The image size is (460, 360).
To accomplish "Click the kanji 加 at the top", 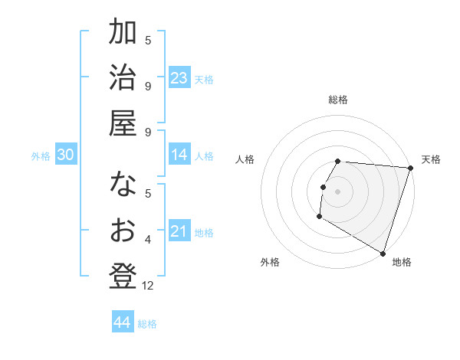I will click(123, 34).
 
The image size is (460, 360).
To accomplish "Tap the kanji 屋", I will click(123, 122).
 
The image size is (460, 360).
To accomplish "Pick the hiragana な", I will click(123, 187).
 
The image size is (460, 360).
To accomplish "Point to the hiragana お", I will click(123, 231).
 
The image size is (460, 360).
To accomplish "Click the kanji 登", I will click(123, 275).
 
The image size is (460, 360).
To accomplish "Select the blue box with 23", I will click(179, 78).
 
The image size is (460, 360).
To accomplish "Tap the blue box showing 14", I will click(179, 155).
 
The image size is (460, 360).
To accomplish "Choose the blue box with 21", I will click(179, 231).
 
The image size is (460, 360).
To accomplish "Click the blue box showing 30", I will click(66, 155).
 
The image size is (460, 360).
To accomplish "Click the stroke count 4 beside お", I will click(148, 241).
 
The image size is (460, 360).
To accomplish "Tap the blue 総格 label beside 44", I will click(147, 324).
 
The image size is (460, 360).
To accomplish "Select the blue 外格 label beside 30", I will click(41, 156).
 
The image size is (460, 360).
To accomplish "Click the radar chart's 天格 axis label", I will click(431, 159).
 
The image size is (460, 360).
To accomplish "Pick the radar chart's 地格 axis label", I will click(402, 262).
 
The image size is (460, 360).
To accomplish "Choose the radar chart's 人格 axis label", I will click(245, 159).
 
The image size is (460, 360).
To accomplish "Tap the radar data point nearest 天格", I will click(410, 168).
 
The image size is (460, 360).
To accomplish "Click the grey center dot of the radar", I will click(337, 191).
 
